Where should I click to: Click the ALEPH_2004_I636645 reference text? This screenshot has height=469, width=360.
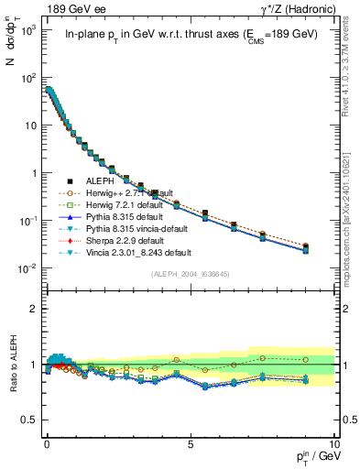[x=190, y=273]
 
